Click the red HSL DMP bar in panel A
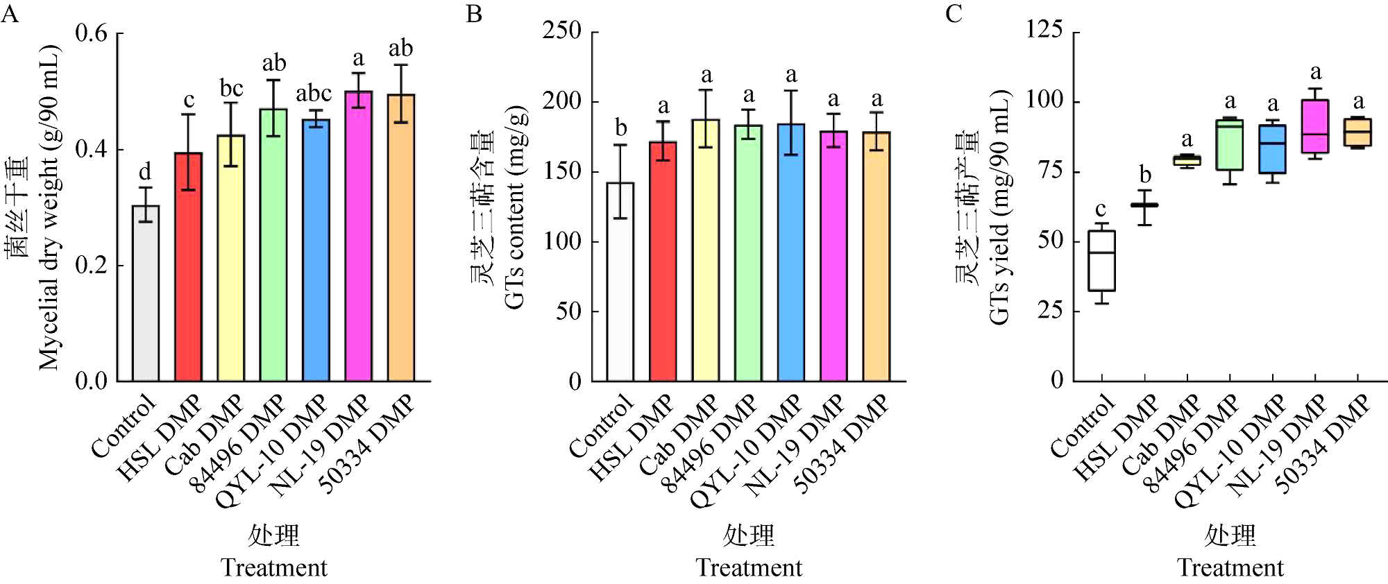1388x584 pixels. pos(188,267)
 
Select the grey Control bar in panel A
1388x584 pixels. pos(146,293)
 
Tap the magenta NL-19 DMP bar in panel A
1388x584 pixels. pos(358,236)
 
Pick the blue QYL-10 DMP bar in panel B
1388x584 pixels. pos(791,252)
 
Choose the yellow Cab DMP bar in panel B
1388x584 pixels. pos(706,250)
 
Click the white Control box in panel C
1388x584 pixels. pos(1101,261)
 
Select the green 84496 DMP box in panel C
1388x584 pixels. pos(1230,145)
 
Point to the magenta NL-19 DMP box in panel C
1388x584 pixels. pos(1315,126)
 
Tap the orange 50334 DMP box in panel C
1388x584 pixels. pos(1358,132)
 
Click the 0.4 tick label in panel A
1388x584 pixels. pos(92,149)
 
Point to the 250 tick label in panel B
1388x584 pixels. pos(561,31)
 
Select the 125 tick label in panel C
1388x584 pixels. pos(1044,30)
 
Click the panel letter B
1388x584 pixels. pos(474,14)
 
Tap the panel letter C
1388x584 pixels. pos(954,14)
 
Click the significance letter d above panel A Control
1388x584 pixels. pos(145,171)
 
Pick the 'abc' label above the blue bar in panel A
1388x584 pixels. pos(314,93)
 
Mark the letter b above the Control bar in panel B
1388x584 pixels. pos(620,128)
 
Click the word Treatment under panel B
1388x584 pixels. pos(749,568)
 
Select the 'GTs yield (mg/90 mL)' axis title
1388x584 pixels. pos(999,208)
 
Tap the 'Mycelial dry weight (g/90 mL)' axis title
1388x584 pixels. pos(49,208)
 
